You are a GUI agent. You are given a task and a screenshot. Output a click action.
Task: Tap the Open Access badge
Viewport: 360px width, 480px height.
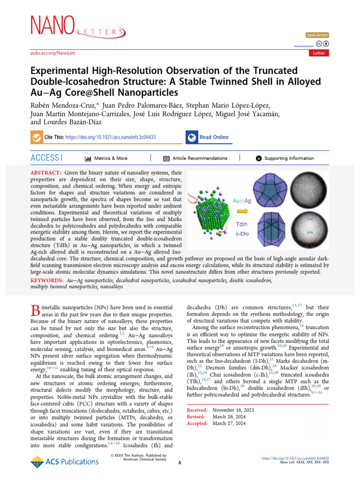tap(317, 35)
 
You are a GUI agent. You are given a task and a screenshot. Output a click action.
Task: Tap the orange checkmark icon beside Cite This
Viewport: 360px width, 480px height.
tap(36, 137)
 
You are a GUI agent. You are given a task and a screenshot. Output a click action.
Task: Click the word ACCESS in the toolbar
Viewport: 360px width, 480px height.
tap(45, 158)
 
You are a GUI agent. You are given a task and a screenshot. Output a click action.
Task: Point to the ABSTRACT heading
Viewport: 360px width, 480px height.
tap(45, 173)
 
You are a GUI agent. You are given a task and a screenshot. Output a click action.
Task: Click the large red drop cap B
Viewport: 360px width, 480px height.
tap(35, 310)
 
